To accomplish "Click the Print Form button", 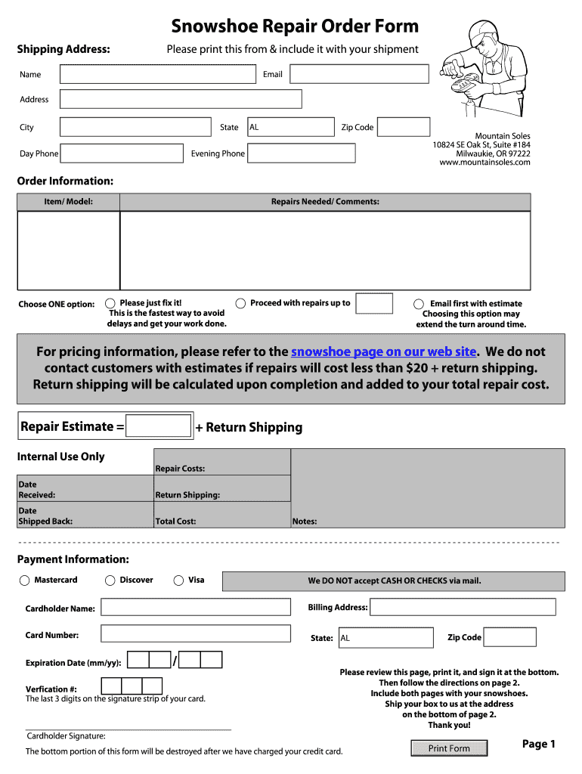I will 449,748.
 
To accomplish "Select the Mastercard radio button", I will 23,580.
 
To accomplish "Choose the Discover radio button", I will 109,580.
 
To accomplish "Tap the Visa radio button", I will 178,580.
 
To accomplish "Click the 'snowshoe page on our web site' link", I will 383,351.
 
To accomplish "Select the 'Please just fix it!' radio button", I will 110,303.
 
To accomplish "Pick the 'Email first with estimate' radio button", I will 418,304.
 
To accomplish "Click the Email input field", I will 359,74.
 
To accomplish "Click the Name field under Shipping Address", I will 157,74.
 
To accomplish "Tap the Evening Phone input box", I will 301,153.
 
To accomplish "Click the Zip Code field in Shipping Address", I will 403,127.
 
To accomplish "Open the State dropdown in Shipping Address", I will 290,127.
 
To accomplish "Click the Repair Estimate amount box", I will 159,426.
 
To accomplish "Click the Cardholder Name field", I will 195,608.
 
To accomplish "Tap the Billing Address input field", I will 463,607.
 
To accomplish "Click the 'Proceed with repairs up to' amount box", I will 374,304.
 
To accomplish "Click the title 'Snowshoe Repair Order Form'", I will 294,26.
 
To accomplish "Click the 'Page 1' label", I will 538,744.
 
